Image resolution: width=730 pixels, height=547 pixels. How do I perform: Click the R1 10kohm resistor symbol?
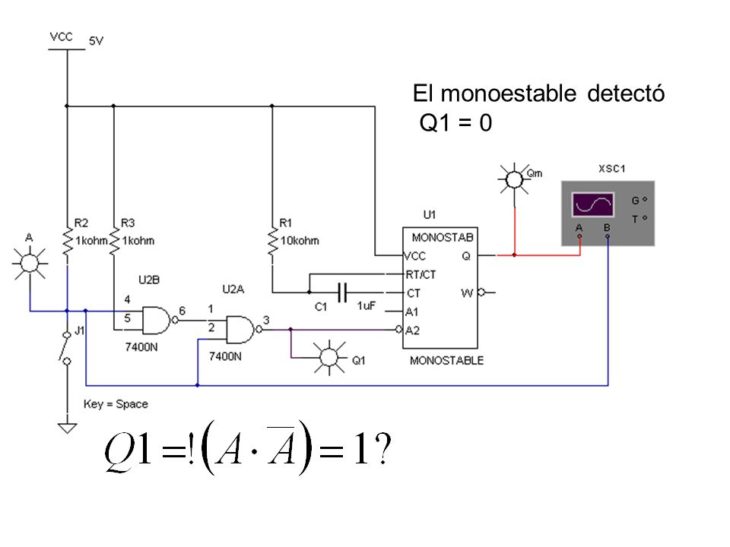pos(272,242)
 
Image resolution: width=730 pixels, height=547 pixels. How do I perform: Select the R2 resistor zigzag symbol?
pos(68,242)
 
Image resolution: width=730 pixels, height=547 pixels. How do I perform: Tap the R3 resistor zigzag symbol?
pos(114,242)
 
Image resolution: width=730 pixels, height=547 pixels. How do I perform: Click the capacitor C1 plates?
pos(342,292)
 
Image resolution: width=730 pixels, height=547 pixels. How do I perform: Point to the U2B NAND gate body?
pos(157,320)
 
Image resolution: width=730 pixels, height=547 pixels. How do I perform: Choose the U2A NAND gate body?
pos(240,330)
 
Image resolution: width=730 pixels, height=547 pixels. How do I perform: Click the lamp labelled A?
pos(30,263)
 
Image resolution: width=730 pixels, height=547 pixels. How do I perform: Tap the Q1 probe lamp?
pos(329,357)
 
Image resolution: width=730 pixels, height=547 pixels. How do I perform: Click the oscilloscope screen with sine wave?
pos(592,204)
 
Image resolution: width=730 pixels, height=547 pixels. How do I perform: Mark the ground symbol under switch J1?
pos(68,428)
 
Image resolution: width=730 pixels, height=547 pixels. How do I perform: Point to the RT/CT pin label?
pos(421,275)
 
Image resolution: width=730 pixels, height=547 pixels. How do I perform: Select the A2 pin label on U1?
pos(412,330)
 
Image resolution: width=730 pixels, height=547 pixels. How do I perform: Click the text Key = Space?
pos(116,404)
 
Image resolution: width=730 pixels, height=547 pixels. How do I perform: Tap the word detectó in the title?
pos(626,93)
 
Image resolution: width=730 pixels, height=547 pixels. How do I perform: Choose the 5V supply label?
pos(96,41)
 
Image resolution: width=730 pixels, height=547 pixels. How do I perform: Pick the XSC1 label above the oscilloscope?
pos(611,169)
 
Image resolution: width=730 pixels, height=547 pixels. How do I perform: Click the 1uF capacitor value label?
pos(367,306)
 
